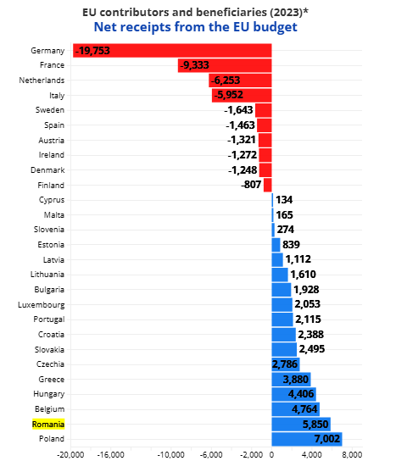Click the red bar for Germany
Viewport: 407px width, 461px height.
172,51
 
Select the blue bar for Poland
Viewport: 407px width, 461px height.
307,439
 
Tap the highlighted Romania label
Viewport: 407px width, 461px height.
48,425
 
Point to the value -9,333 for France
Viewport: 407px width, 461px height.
194,65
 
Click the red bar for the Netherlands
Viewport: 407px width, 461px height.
240,81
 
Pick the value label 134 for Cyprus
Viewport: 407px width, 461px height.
284,200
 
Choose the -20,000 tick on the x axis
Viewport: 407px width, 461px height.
70,455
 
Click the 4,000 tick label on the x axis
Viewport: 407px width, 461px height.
312,455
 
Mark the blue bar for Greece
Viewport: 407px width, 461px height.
291,380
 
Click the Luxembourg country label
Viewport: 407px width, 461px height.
42,305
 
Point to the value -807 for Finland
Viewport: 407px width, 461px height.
251,185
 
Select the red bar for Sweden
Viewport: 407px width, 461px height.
264,110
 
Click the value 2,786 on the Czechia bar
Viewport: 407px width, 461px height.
285,364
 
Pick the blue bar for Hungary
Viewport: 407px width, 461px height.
293,394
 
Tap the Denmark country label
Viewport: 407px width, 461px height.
47,170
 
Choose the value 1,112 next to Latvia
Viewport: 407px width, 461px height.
298,259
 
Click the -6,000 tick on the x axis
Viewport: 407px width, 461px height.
211,455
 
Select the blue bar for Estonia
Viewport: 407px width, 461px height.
276,245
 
